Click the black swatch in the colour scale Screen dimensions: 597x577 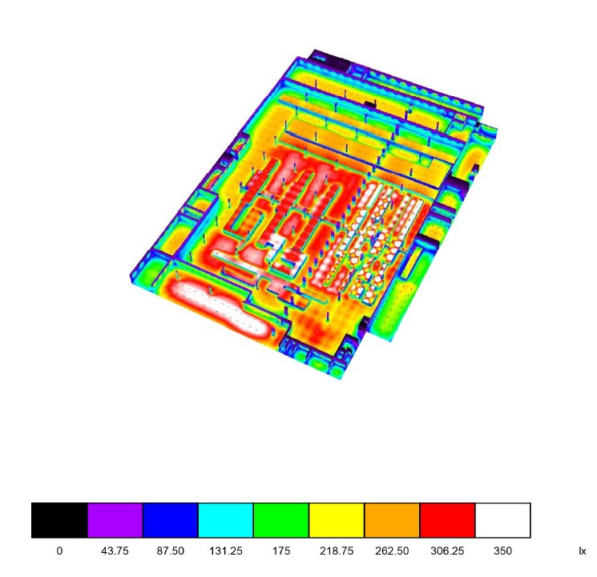click(x=59, y=520)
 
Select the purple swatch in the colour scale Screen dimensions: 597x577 click(x=115, y=520)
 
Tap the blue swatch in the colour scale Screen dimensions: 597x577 click(x=171, y=520)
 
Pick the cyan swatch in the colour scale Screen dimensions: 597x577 click(x=226, y=520)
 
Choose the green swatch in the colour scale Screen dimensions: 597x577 click(x=281, y=520)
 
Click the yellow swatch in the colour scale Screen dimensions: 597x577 click(x=337, y=520)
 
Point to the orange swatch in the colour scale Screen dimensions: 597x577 click(x=392, y=520)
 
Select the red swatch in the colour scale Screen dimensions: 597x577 click(x=447, y=520)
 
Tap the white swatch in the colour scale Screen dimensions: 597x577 click(x=502, y=520)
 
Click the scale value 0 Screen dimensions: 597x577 click(x=59, y=551)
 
